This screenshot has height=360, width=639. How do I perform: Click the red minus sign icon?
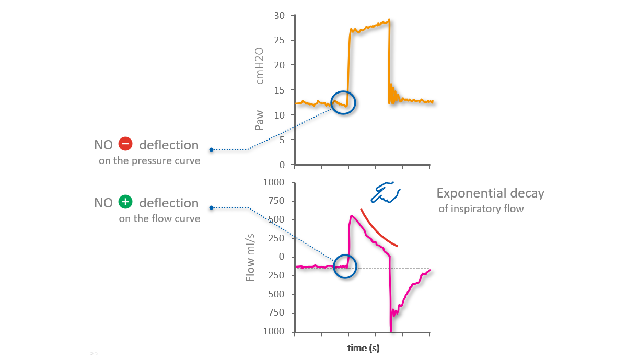(x=125, y=144)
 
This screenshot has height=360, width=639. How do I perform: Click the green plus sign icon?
(x=125, y=202)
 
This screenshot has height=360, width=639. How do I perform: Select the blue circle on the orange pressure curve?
(x=343, y=102)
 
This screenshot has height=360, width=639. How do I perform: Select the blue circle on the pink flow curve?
(x=345, y=266)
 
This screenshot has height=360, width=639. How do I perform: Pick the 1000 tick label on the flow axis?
(x=274, y=182)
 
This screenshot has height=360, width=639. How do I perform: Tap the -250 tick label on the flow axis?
(x=274, y=275)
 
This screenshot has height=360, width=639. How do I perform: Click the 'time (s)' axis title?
(x=363, y=348)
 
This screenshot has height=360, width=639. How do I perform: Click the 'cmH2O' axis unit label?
(x=259, y=65)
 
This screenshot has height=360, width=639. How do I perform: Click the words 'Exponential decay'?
(x=490, y=193)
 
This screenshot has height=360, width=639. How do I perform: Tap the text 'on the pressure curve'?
(x=149, y=161)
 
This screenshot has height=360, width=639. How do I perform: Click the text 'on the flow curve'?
(x=159, y=219)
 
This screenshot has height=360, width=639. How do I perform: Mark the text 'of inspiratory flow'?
(x=481, y=209)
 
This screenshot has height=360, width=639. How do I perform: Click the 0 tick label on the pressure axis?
(x=282, y=165)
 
